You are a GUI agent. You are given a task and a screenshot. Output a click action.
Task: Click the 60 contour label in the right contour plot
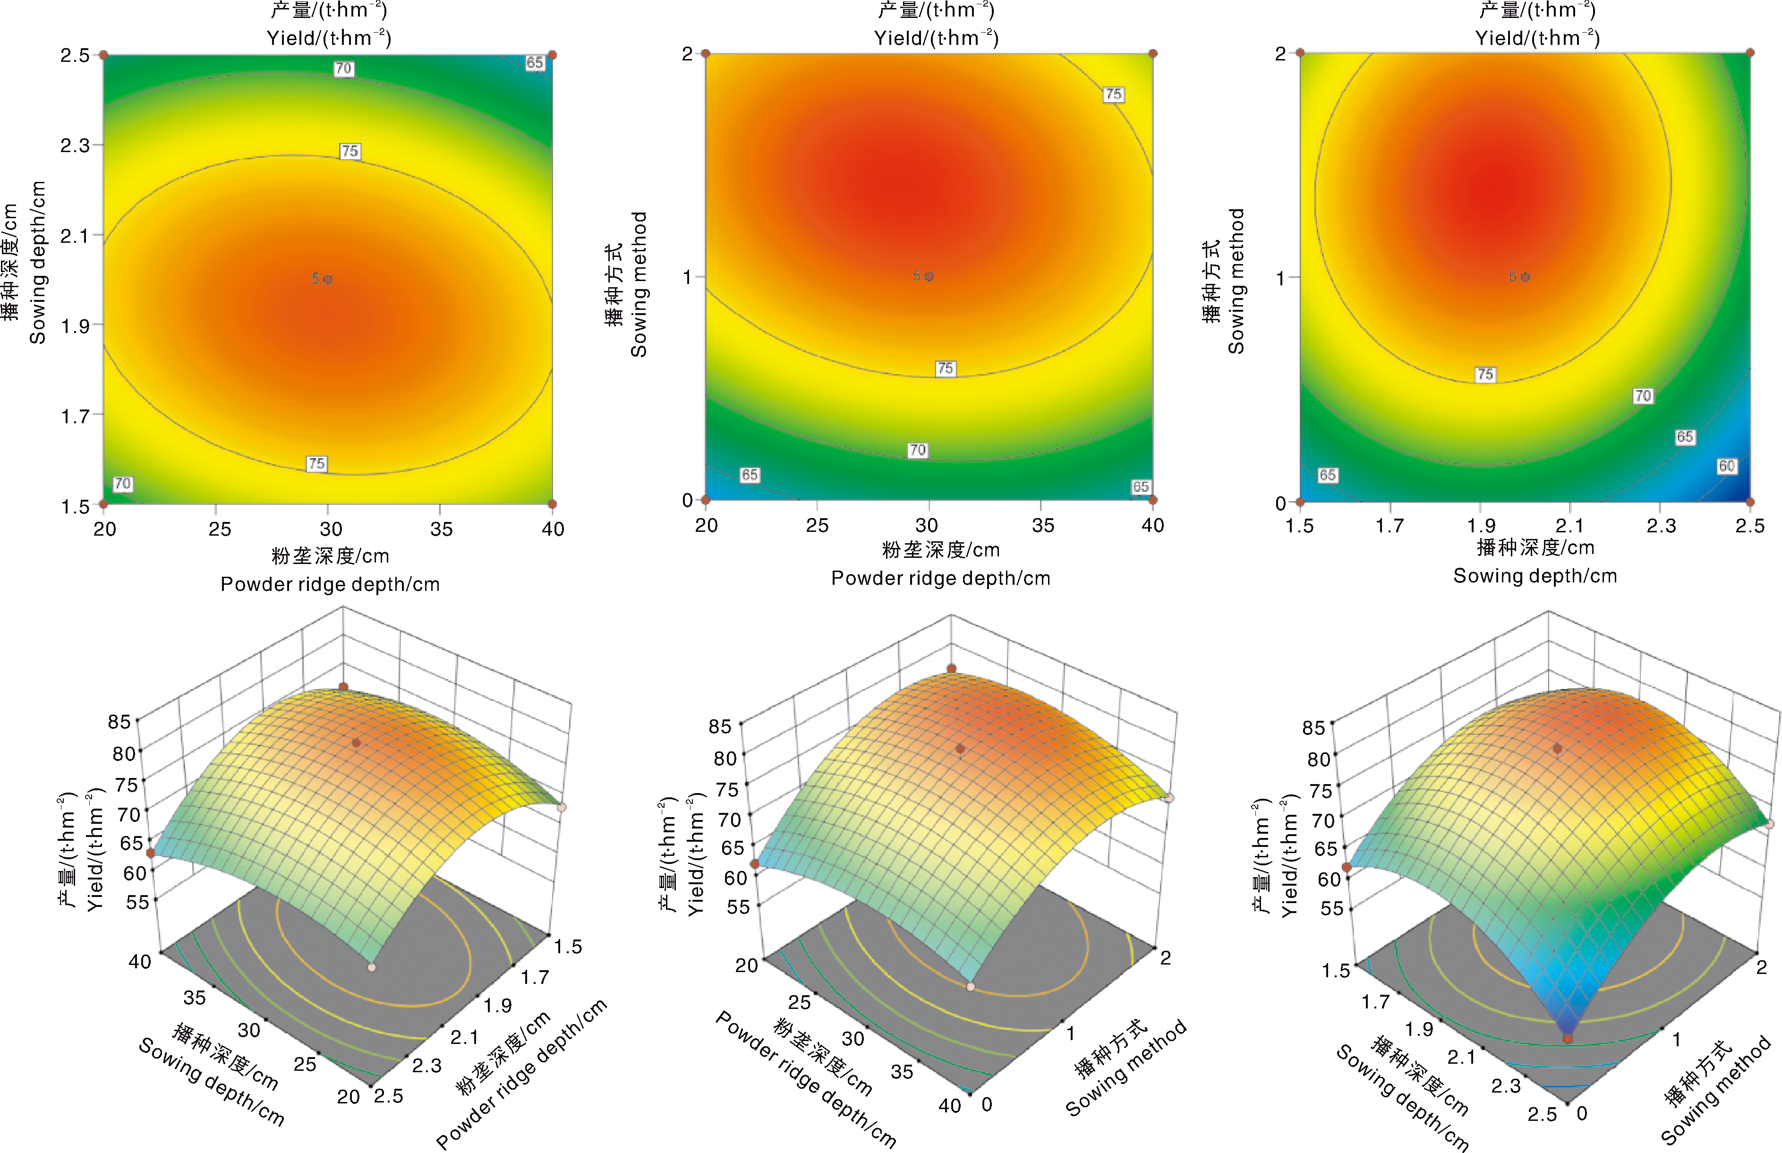(1726, 466)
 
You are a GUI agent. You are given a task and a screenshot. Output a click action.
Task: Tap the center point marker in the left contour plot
(328, 279)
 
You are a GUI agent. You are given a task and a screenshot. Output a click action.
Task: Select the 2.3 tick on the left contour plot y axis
(75, 145)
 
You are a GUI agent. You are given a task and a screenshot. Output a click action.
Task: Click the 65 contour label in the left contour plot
(534, 63)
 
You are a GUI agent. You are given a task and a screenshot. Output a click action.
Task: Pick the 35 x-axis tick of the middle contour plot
(1042, 526)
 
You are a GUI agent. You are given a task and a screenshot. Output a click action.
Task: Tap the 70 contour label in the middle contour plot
(918, 450)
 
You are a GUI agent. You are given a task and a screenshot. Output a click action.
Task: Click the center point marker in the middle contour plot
(929, 276)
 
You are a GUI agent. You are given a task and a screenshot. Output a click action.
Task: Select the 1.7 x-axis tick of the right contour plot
(1390, 526)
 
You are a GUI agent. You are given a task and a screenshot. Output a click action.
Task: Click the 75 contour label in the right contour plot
(1485, 375)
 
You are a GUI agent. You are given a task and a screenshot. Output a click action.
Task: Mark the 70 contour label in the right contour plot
(1643, 395)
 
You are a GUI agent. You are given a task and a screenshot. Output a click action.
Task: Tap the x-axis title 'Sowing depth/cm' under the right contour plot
(1535, 576)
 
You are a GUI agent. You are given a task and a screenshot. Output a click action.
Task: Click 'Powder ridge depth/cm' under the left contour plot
(330, 584)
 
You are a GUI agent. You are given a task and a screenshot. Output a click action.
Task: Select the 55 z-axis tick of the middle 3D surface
(738, 907)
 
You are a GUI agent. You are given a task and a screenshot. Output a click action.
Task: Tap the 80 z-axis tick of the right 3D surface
(1319, 759)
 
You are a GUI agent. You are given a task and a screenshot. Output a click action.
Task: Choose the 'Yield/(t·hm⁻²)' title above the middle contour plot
(936, 37)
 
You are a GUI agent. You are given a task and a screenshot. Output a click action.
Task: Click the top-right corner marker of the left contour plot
(552, 55)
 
